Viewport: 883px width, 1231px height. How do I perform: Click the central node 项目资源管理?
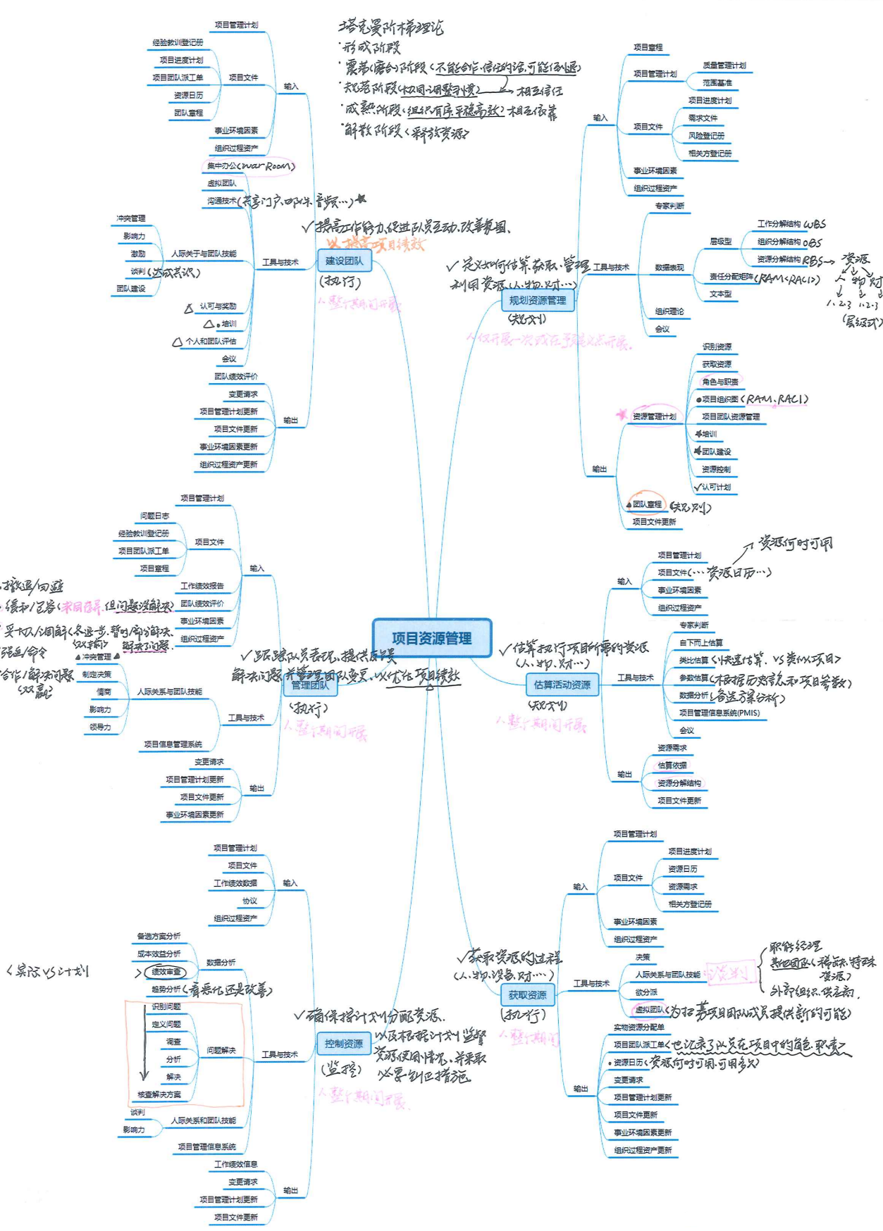click(431, 638)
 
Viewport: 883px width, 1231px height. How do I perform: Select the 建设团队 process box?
click(344, 261)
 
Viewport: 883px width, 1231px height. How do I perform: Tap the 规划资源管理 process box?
click(537, 300)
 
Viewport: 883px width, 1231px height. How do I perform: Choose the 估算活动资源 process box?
click(562, 685)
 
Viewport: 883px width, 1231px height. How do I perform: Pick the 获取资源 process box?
click(527, 995)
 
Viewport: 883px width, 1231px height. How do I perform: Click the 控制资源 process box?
click(344, 1044)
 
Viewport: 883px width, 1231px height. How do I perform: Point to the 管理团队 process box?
click(310, 685)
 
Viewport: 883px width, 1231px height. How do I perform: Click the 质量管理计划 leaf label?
click(724, 65)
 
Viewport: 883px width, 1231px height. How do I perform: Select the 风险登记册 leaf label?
click(706, 136)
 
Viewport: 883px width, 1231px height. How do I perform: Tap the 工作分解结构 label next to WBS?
click(779, 224)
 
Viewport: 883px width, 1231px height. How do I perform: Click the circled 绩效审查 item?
click(166, 972)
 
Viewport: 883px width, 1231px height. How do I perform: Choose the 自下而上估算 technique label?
click(700, 643)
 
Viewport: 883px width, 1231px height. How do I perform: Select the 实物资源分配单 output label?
click(638, 1027)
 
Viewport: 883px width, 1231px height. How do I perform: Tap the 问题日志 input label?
click(154, 516)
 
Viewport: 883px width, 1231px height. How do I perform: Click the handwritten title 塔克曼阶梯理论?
click(390, 27)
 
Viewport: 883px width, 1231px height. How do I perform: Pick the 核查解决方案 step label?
click(159, 1095)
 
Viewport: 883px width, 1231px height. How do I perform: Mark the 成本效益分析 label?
click(159, 954)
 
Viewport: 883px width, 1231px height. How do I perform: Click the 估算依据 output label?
click(672, 766)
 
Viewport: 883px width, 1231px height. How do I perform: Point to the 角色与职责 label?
click(720, 382)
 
